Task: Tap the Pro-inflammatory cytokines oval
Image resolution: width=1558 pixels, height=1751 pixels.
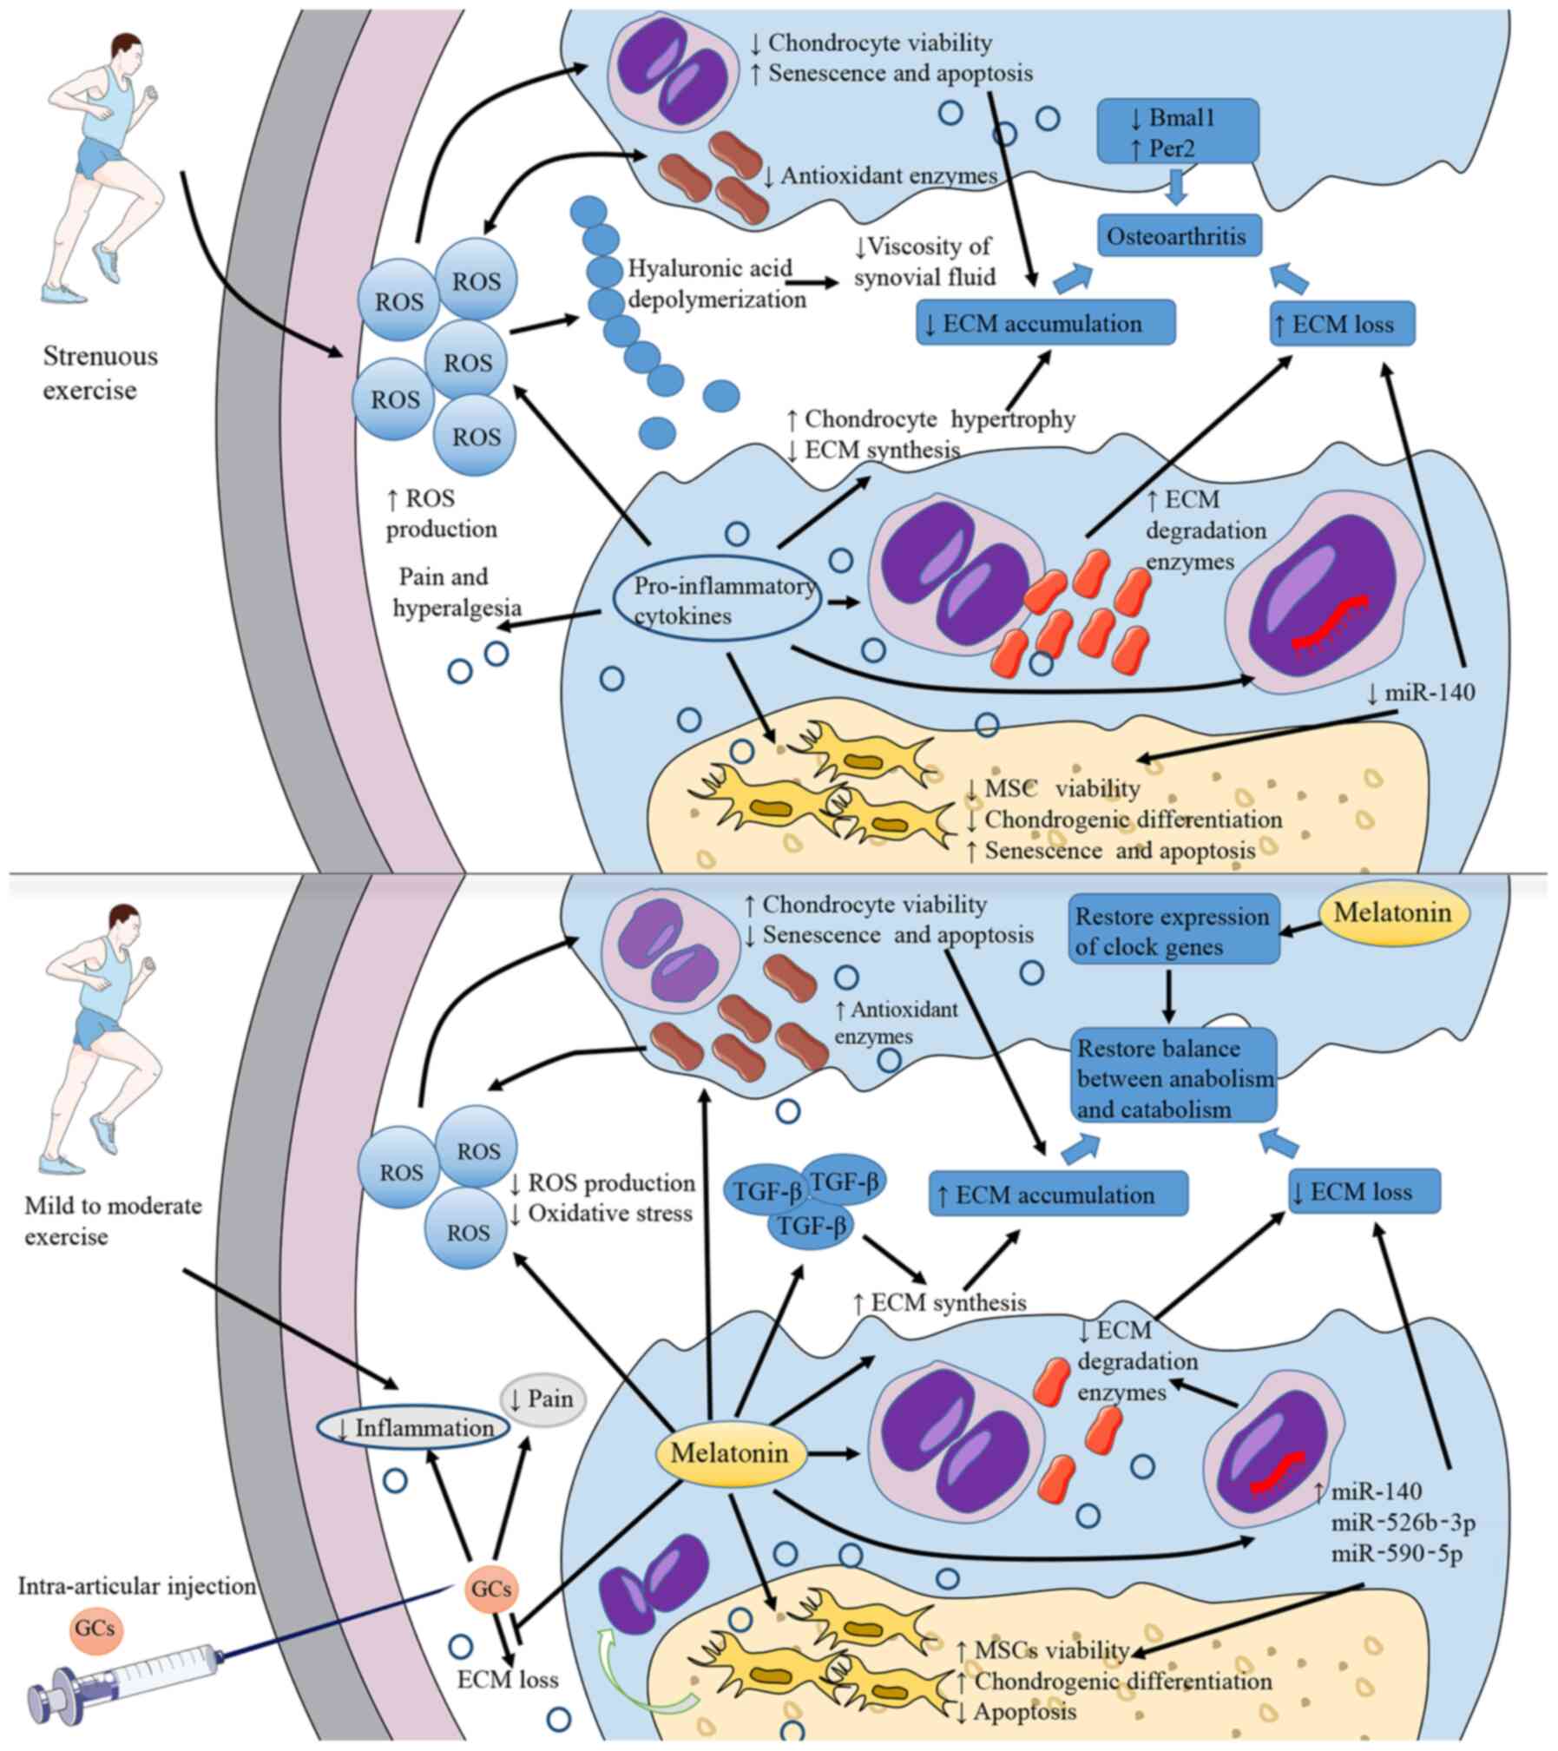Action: [718, 601]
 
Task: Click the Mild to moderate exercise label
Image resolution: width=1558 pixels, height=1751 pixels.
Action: [113, 1220]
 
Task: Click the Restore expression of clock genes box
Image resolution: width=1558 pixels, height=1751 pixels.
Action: [1173, 931]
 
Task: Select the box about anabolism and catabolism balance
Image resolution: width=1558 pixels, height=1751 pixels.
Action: [1173, 1078]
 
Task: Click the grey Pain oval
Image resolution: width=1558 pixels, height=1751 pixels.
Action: [543, 1399]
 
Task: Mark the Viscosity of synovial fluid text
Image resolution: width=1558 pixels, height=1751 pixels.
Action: [923, 262]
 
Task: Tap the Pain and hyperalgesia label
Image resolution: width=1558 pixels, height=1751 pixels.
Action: [457, 592]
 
